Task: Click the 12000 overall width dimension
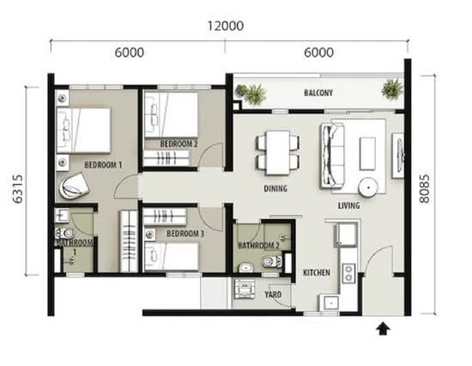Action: click(x=226, y=26)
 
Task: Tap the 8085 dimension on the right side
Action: click(x=424, y=188)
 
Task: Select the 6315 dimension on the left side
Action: click(x=18, y=189)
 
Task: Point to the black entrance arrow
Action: click(x=383, y=328)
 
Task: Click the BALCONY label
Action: click(x=318, y=93)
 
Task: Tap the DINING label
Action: click(x=275, y=188)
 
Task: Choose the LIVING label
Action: click(x=348, y=205)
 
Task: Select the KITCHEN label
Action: click(x=317, y=272)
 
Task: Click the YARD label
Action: click(x=273, y=294)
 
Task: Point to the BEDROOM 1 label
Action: click(x=103, y=165)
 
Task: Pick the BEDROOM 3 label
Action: click(x=185, y=234)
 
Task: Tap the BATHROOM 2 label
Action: click(x=258, y=246)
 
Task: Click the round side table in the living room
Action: click(x=368, y=187)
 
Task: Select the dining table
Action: click(x=277, y=152)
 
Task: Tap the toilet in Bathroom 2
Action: click(x=271, y=261)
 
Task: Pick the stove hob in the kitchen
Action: click(x=348, y=273)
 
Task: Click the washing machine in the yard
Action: click(x=244, y=289)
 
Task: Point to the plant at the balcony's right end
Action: click(x=392, y=88)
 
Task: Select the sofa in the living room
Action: click(x=333, y=156)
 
